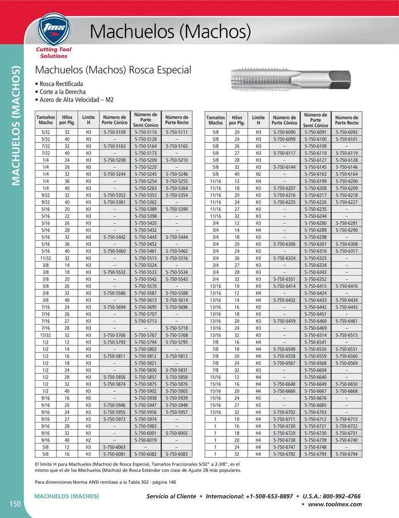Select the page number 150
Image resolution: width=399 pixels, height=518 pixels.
pos(15,503)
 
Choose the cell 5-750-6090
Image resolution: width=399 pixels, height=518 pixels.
pos(284,132)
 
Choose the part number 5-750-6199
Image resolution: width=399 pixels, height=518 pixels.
pos(315,181)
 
